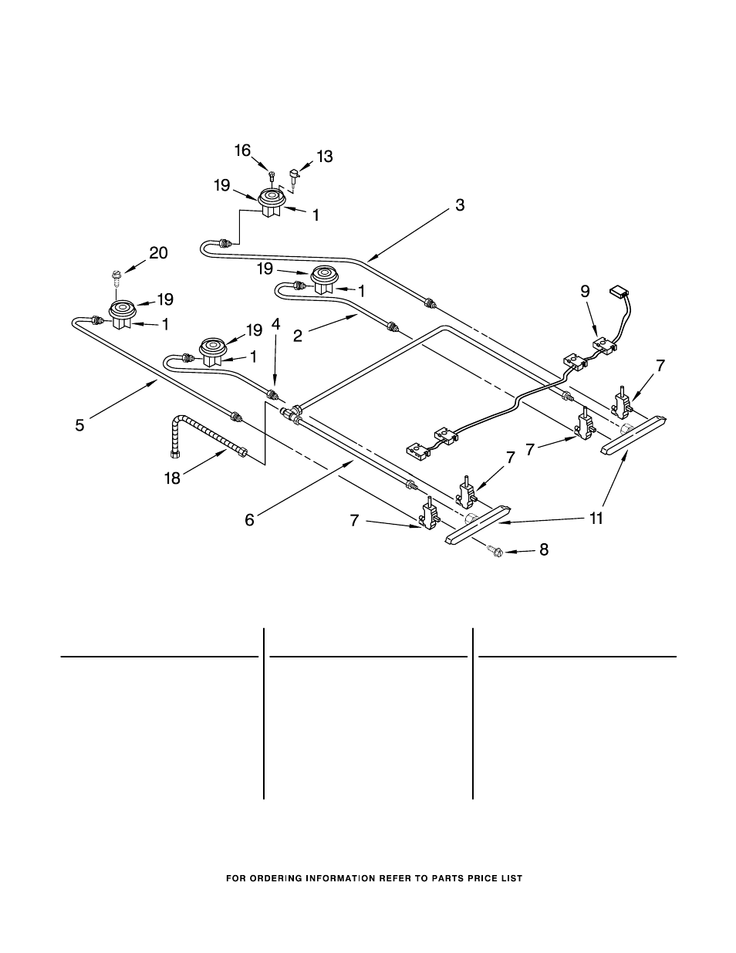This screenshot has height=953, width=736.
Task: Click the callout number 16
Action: click(243, 150)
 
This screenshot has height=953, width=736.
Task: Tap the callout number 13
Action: click(324, 157)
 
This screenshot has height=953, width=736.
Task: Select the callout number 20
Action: click(158, 253)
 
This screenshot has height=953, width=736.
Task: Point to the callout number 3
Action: click(460, 205)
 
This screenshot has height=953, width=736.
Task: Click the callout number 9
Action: click(585, 291)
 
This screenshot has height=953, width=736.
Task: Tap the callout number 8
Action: click(543, 551)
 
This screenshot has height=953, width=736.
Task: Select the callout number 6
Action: click(249, 520)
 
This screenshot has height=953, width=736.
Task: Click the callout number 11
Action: click(596, 519)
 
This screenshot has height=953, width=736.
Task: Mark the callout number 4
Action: click(275, 325)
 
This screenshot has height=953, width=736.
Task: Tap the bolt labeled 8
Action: click(497, 550)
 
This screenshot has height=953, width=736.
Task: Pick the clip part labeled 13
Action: click(293, 177)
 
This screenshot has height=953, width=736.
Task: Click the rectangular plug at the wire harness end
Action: click(619, 292)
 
